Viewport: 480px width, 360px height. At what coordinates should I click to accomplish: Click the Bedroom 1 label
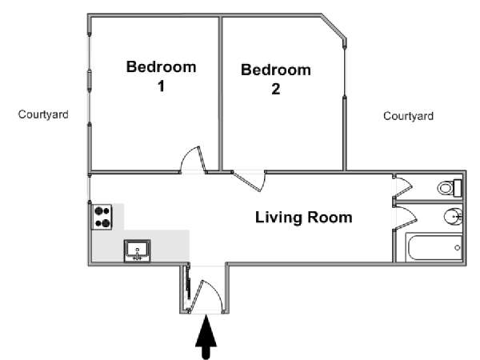coord(161,76)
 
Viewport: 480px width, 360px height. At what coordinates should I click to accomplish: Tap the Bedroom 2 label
coord(276,79)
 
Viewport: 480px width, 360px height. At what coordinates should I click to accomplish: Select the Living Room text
coord(304,218)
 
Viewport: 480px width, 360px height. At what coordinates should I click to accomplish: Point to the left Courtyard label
coord(43,114)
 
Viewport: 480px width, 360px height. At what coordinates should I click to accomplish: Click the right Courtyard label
coord(408,116)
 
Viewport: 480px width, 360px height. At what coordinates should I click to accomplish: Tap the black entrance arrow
coord(206,337)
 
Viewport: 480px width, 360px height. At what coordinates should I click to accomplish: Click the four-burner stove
coord(102,217)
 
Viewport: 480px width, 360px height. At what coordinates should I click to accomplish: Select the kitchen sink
coord(137,250)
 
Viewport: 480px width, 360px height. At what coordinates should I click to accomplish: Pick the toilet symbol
coord(450,188)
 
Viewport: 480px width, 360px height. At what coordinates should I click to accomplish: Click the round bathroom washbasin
coord(453,217)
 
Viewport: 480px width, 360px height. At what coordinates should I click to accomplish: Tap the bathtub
coord(434,247)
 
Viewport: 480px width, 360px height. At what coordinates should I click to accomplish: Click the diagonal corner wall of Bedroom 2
coord(333,26)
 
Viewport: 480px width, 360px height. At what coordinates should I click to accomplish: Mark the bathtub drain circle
coord(458,248)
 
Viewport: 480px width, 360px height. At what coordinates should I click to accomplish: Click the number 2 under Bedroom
coord(276,89)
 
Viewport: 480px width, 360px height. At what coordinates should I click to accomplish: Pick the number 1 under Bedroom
coord(161,86)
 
